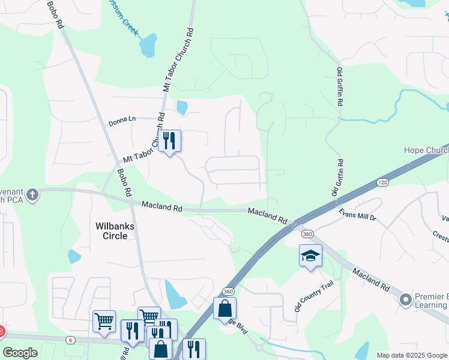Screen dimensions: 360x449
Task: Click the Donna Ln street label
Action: click(x=122, y=122)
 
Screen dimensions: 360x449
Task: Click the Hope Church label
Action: click(x=426, y=150)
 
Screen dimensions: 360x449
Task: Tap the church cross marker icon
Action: click(x=32, y=194)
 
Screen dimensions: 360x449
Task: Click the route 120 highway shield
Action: click(x=382, y=181)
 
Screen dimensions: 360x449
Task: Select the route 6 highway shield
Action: click(x=71, y=340)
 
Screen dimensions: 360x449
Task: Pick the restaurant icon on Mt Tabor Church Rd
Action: click(x=169, y=141)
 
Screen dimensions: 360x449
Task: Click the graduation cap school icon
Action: click(x=310, y=256)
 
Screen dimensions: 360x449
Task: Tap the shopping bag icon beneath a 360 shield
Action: click(x=225, y=309)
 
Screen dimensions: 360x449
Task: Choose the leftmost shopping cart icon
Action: click(x=104, y=321)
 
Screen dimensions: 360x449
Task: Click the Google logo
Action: click(x=20, y=353)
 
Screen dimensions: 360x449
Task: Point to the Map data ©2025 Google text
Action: click(x=412, y=355)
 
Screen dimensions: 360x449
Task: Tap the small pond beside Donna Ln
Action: click(x=181, y=107)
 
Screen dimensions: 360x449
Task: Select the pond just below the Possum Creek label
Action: click(x=148, y=45)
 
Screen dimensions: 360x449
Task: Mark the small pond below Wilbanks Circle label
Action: click(x=74, y=256)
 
